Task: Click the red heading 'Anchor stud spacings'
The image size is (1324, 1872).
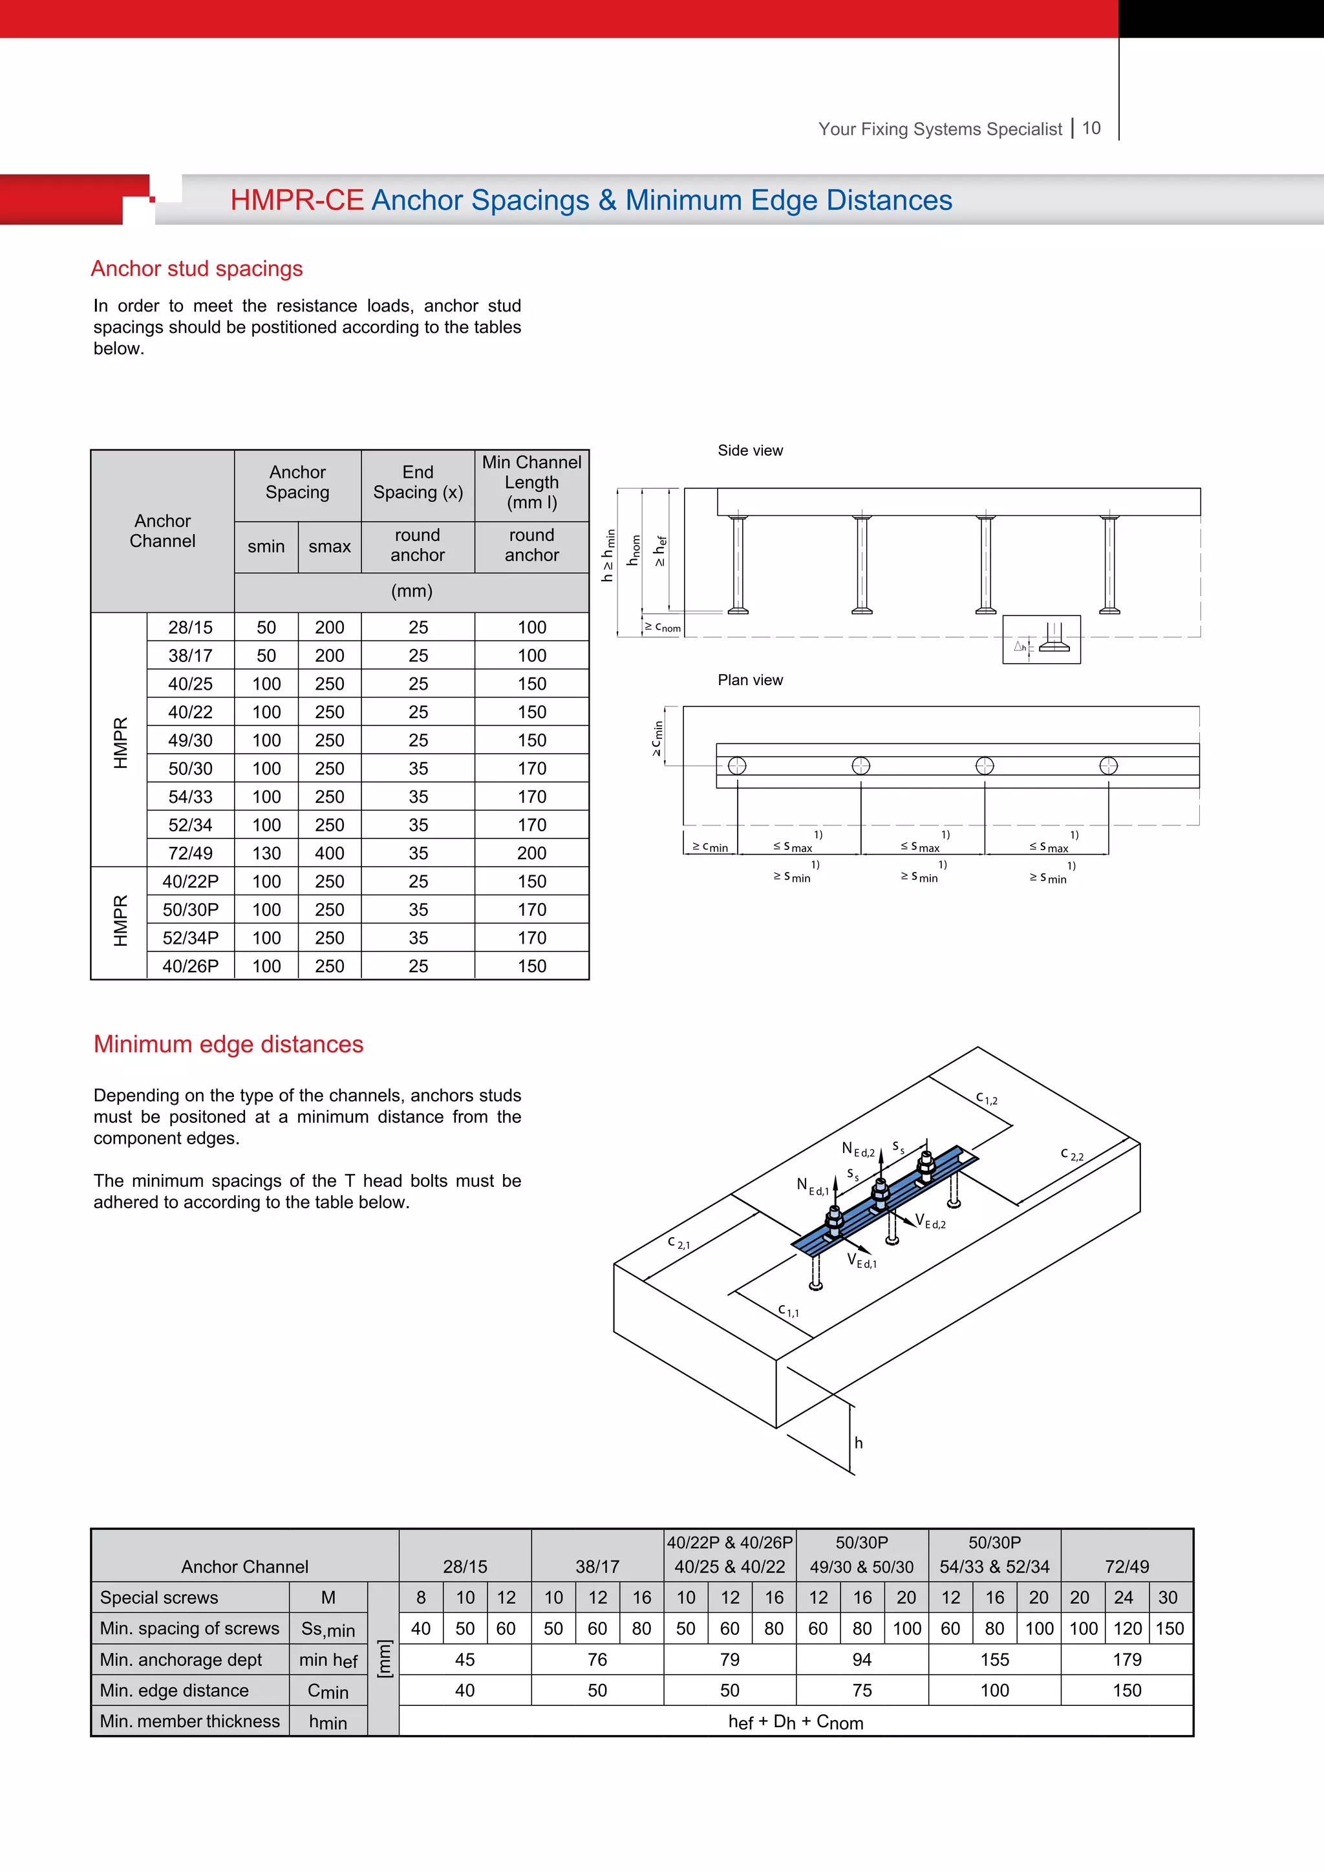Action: pyautogui.click(x=197, y=268)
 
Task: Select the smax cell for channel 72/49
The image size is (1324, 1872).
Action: pyautogui.click(x=329, y=853)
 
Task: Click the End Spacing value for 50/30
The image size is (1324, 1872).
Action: pyautogui.click(x=418, y=768)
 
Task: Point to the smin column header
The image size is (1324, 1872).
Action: pyautogui.click(x=266, y=546)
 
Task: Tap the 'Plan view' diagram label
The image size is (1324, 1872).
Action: pyautogui.click(x=749, y=680)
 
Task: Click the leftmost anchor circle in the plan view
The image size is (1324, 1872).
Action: pyautogui.click(x=737, y=765)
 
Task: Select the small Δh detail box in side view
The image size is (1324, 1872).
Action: pyautogui.click(x=1041, y=639)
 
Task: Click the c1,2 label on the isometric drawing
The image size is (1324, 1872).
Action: pyautogui.click(x=987, y=1098)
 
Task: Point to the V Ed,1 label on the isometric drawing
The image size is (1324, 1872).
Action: pyautogui.click(x=862, y=1260)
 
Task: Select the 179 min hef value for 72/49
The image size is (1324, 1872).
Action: pyautogui.click(x=1127, y=1659)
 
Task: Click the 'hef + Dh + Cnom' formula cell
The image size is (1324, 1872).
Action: pyautogui.click(x=795, y=1721)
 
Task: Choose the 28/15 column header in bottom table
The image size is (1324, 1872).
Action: pyautogui.click(x=465, y=1566)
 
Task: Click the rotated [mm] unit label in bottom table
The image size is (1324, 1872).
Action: pyautogui.click(x=383, y=1659)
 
